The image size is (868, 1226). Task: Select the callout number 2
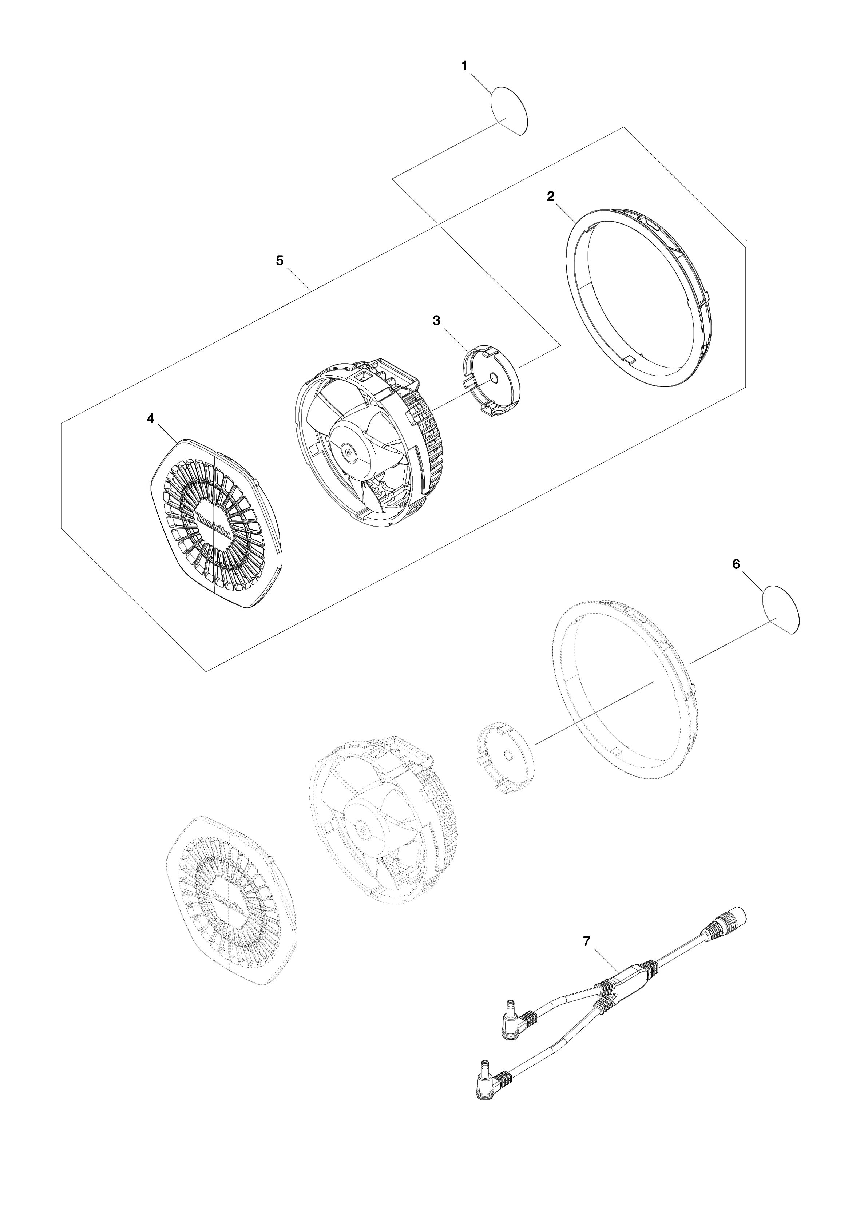551,196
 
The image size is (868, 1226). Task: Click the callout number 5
280,261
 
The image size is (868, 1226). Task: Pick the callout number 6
736,564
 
